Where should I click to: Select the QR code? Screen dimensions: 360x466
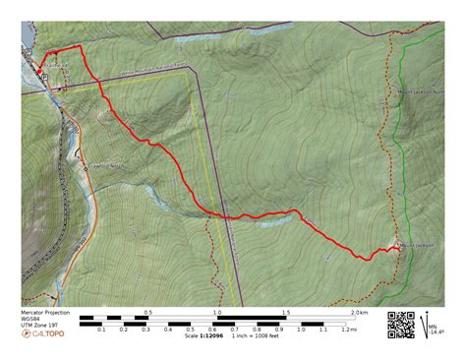401,325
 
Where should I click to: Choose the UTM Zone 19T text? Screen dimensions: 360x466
39,326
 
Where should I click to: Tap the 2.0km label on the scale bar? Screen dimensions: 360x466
360,313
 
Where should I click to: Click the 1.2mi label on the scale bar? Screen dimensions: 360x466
350,330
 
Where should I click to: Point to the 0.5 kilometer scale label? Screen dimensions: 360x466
147,313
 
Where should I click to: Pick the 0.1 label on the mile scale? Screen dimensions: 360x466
101,330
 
